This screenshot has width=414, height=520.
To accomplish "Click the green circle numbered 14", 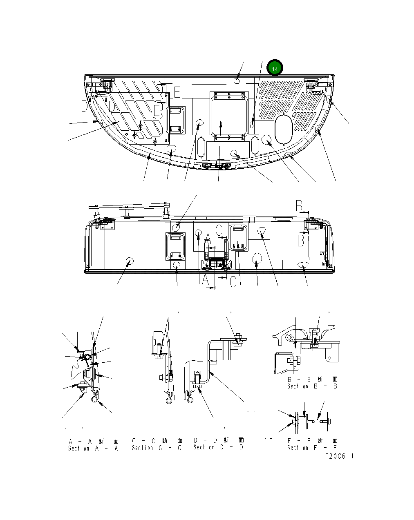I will pos(275,69).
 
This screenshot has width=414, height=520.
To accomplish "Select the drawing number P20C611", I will pos(339,456).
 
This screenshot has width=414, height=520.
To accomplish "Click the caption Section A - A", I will pos(93,449).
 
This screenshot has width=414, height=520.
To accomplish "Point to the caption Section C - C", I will pos(157,448).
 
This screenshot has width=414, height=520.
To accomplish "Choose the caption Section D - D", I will pos(219,447).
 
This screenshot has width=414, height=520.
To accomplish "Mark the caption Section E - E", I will pos(312,448).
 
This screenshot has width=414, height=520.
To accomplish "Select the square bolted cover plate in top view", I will pos(229,113).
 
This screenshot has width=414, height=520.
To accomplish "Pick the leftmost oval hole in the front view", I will pos(130,261).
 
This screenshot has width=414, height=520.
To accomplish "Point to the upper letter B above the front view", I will pos(299,205).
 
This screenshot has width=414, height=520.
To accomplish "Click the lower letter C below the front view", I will pos(233,281).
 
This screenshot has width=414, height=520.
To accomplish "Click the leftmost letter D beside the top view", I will pos(84,107).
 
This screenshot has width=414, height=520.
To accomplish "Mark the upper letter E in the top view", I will pos(177,93).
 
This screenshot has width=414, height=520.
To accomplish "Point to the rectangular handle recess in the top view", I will pos(176,121).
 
